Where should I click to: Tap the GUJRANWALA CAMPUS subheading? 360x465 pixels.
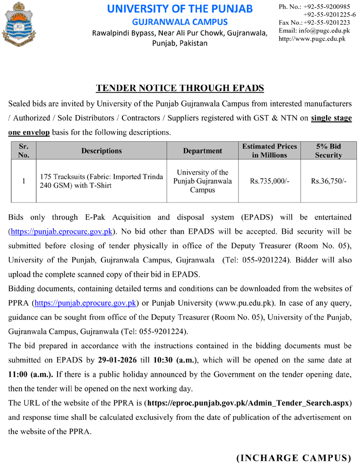click(179, 22)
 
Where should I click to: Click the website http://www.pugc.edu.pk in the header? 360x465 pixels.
click(312, 39)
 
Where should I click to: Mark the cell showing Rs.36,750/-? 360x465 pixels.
click(329, 181)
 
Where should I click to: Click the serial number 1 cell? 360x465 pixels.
click(23, 181)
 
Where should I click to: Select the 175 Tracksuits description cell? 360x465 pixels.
click(101, 181)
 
